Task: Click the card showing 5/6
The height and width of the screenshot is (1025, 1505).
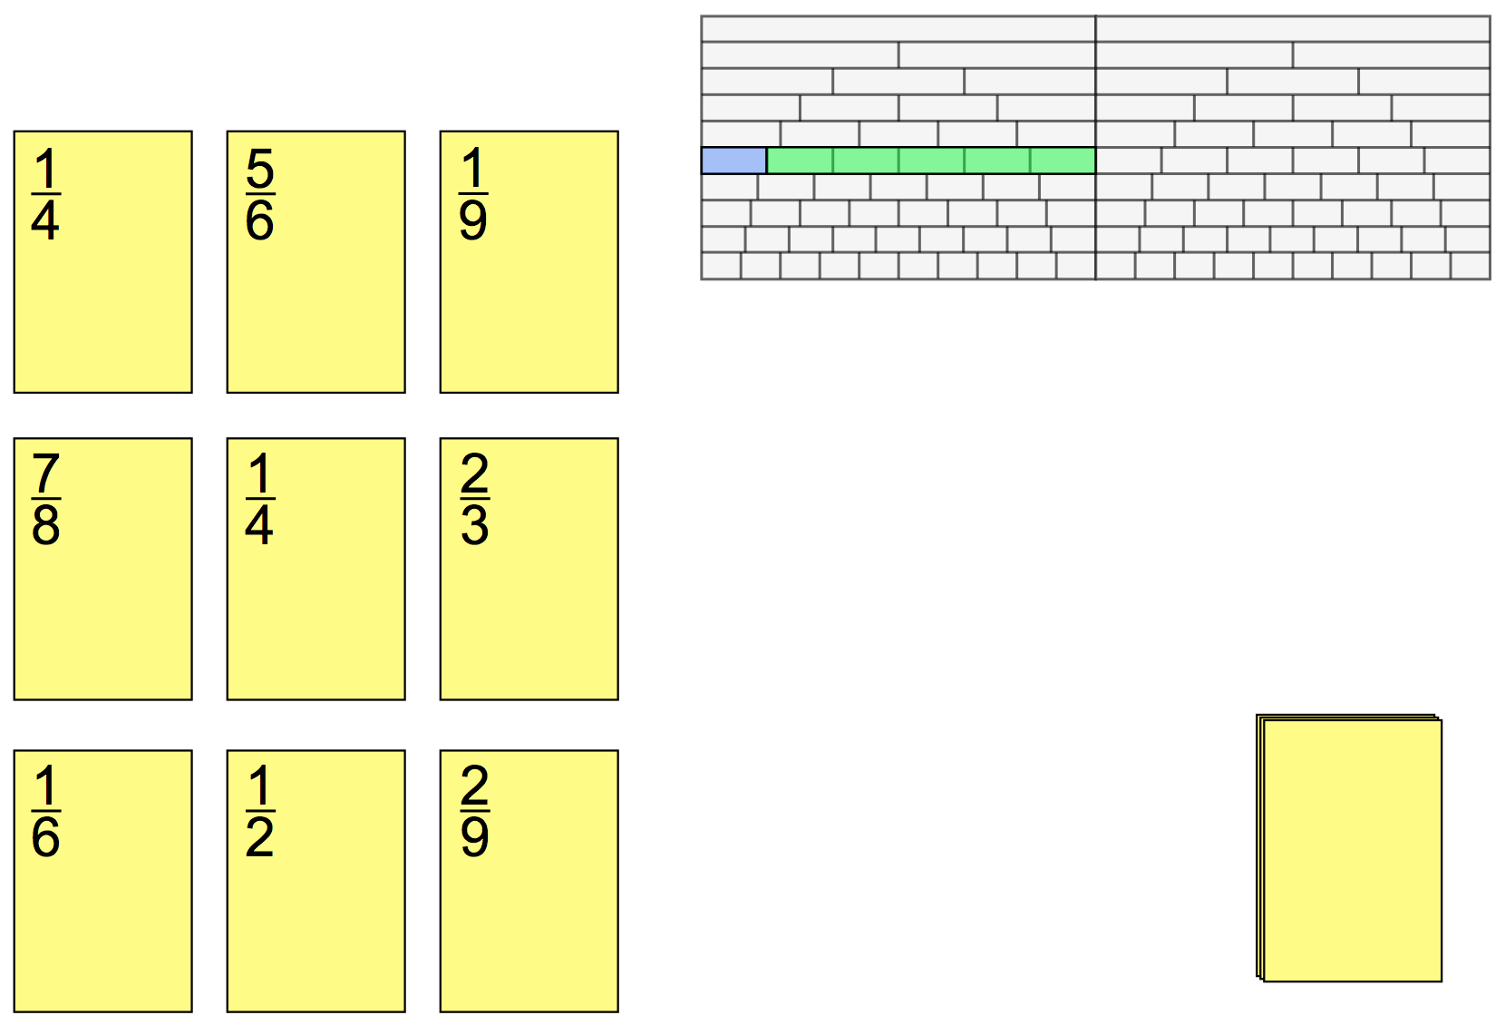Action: pyautogui.click(x=316, y=261)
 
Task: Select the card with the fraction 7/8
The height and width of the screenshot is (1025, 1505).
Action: pyautogui.click(x=102, y=569)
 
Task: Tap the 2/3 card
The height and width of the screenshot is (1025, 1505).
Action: pyautogui.click(x=529, y=569)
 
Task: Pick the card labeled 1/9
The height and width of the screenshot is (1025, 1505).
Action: pyautogui.click(x=529, y=261)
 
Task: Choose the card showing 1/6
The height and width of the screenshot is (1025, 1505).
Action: pyautogui.click(x=102, y=880)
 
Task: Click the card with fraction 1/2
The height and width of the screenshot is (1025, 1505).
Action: pyautogui.click(x=316, y=880)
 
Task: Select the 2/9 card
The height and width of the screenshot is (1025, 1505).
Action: pyautogui.click(x=529, y=880)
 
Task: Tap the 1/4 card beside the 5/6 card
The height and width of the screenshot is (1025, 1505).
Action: pyautogui.click(x=102, y=261)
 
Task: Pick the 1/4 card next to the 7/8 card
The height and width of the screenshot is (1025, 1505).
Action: pyautogui.click(x=316, y=569)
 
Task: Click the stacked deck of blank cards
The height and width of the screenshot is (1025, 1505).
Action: pyautogui.click(x=1351, y=849)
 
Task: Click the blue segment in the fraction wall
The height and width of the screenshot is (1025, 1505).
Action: pyautogui.click(x=733, y=161)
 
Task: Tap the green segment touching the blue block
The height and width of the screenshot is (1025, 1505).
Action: pyautogui.click(x=800, y=161)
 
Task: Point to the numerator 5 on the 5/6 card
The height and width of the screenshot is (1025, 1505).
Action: pyautogui.click(x=260, y=169)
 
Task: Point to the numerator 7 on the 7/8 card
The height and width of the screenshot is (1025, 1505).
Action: pyautogui.click(x=46, y=473)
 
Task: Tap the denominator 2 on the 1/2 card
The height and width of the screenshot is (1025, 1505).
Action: pyautogui.click(x=260, y=837)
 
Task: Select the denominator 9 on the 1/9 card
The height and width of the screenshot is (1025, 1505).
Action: pyautogui.click(x=473, y=220)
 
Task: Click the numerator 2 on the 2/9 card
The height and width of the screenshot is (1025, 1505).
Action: pyautogui.click(x=474, y=785)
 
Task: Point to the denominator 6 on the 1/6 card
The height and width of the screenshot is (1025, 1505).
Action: pyautogui.click(x=46, y=837)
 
